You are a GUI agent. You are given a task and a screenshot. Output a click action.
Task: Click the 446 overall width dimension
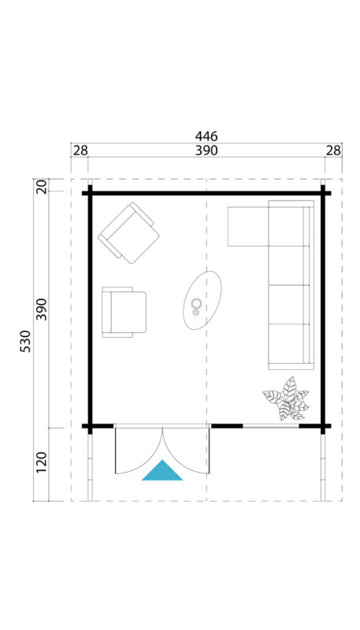click(x=206, y=136)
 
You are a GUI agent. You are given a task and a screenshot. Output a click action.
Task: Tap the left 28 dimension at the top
click(x=80, y=150)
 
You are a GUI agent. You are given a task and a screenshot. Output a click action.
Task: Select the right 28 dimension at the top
click(x=333, y=150)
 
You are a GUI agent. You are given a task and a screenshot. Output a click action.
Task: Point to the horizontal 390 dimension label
click(x=206, y=150)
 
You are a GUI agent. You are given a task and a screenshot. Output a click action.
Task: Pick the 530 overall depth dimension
click(x=24, y=342)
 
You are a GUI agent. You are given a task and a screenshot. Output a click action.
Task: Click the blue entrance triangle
click(x=162, y=470)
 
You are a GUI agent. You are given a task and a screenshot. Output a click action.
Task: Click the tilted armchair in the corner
click(x=128, y=232)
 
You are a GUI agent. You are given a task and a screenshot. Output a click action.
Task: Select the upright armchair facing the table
click(x=124, y=312)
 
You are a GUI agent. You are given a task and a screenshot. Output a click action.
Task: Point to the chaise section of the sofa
click(x=248, y=227)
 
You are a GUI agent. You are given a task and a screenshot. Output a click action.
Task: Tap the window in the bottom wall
click(x=270, y=426)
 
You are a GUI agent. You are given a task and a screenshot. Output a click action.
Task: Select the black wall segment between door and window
click(x=227, y=426)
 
